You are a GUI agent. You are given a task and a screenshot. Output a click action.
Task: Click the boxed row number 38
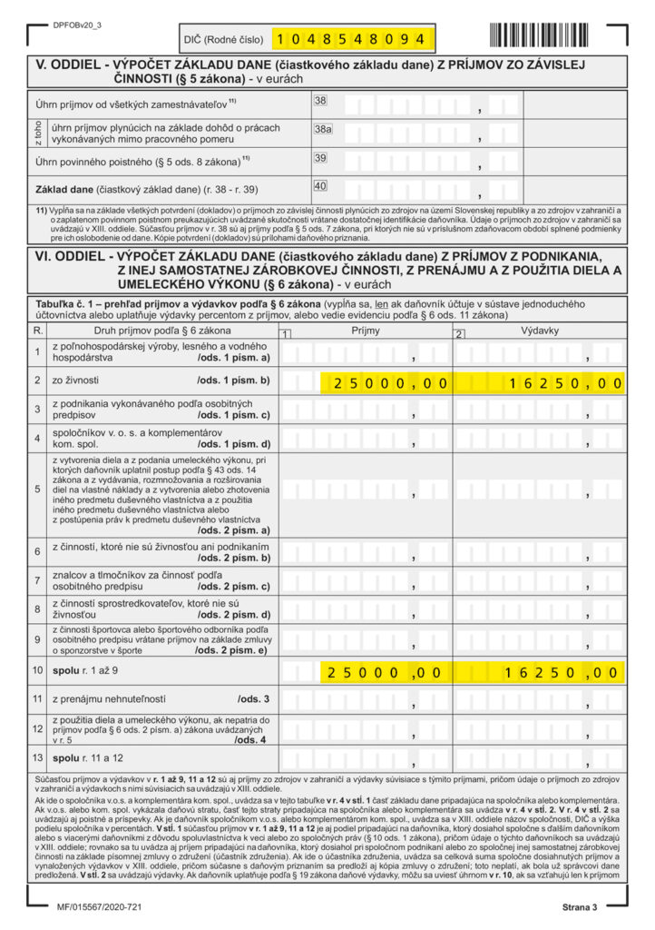[x=319, y=101]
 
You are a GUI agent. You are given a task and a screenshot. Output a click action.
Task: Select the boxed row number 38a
[x=323, y=130]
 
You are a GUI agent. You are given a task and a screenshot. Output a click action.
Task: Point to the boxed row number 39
[x=319, y=158]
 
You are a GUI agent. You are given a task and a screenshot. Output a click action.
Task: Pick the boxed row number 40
[x=319, y=186]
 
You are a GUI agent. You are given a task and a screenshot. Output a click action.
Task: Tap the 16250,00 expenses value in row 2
[x=562, y=384]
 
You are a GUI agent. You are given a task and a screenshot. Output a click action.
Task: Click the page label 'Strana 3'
[x=578, y=907]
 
